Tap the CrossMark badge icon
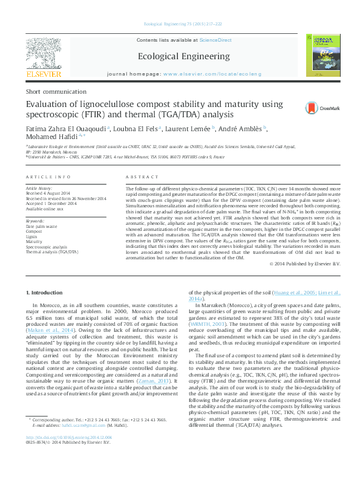(314, 108)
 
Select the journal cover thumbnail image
(322, 55)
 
